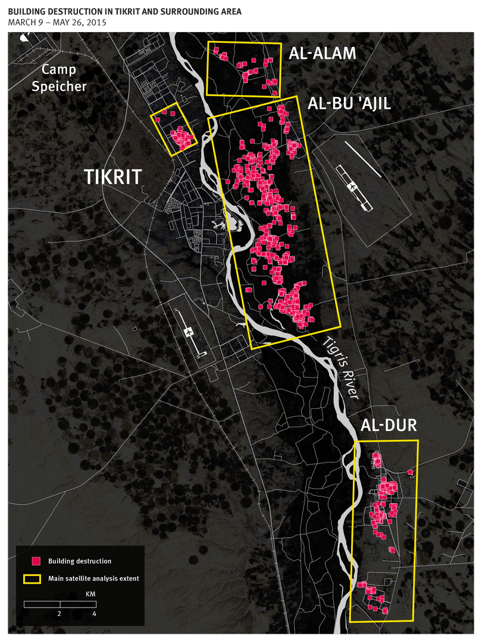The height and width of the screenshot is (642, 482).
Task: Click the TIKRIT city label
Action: (x=112, y=177)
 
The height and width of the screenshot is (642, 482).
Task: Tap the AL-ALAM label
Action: (x=323, y=53)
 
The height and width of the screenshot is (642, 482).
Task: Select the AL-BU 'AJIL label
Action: (x=349, y=104)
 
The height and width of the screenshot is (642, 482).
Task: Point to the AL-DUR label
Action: (x=389, y=426)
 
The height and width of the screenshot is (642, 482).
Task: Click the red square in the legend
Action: (x=36, y=561)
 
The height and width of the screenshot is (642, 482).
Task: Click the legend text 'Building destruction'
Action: (x=80, y=561)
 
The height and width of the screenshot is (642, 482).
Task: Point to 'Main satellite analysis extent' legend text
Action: (x=93, y=578)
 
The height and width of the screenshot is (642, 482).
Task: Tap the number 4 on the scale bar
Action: (x=95, y=613)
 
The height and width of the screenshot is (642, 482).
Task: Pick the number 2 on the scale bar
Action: (x=60, y=613)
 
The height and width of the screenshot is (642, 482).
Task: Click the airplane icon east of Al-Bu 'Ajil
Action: (x=353, y=187)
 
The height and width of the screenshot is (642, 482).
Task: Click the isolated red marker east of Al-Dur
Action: (x=410, y=473)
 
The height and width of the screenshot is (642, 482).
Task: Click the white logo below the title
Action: (x=24, y=37)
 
